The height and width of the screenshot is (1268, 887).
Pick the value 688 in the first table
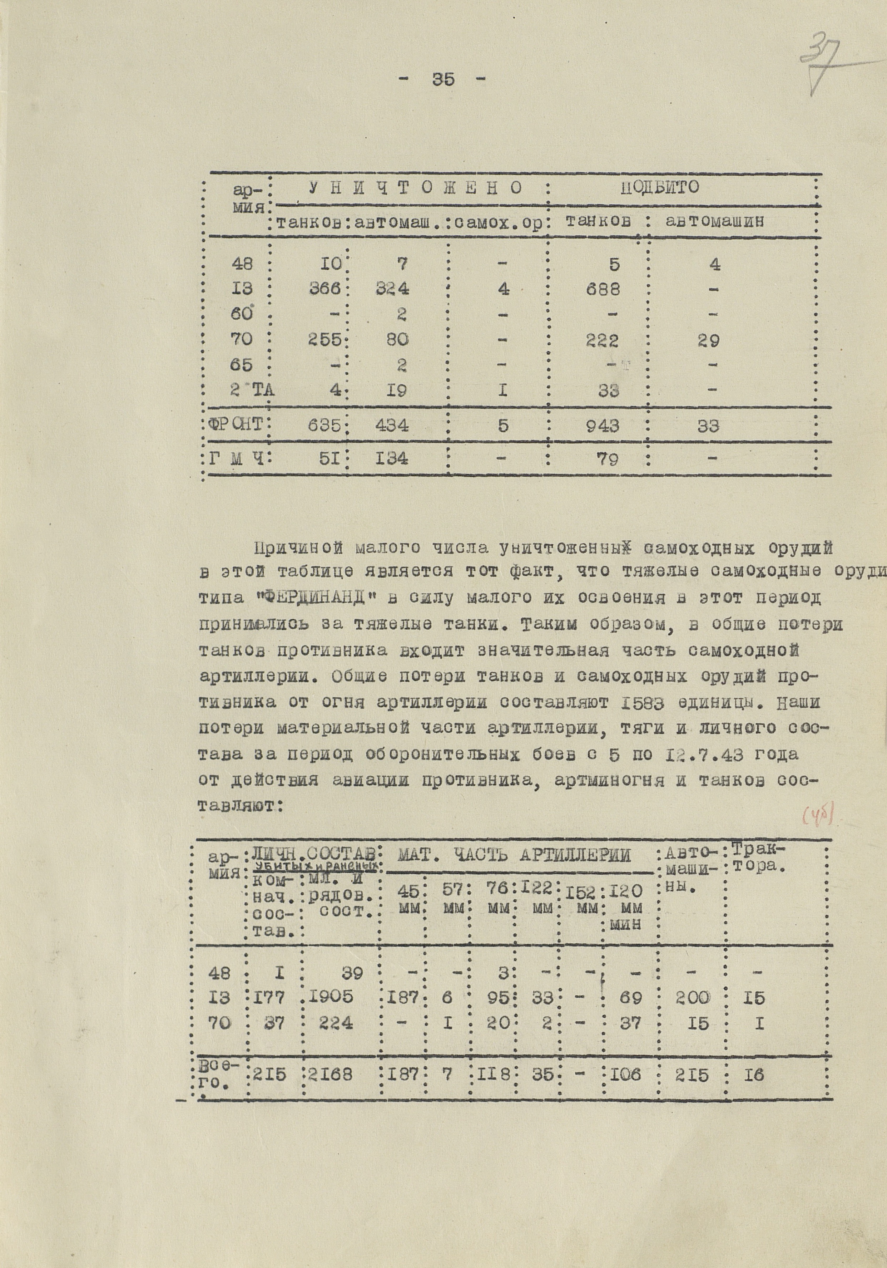[x=603, y=289]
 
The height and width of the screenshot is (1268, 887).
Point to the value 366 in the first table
[x=325, y=289]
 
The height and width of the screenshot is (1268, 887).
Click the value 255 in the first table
[x=324, y=340]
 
